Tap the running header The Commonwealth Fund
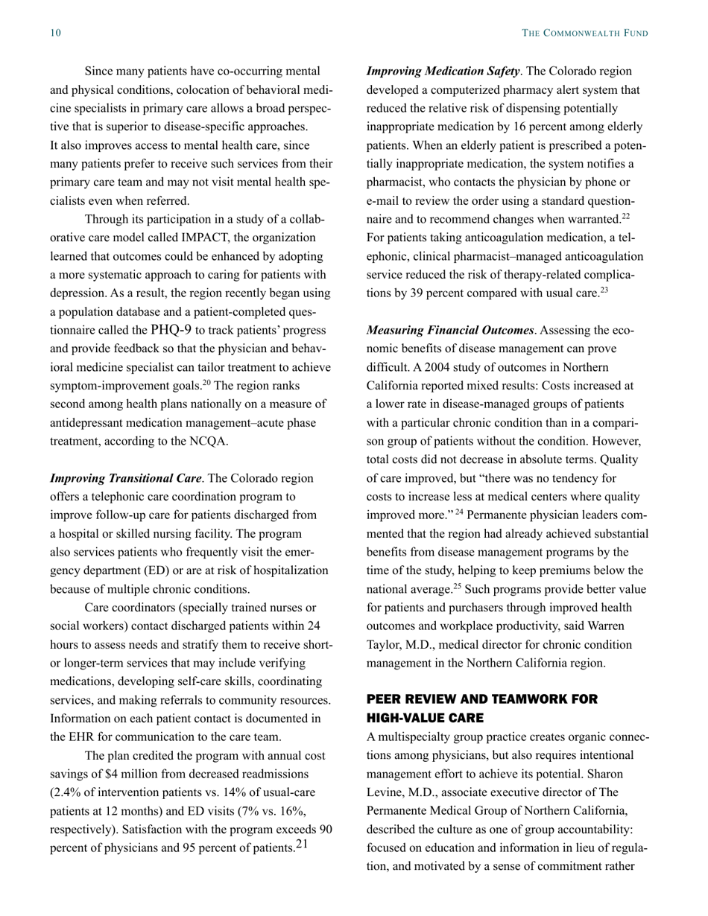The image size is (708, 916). (584, 33)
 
